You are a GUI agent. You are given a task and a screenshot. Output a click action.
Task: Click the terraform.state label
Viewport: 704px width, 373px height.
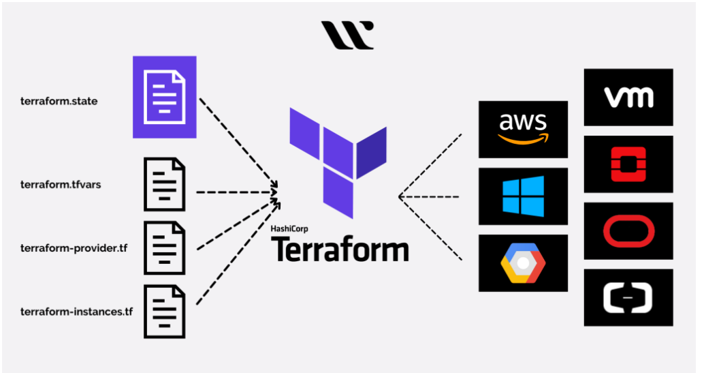coord(59,102)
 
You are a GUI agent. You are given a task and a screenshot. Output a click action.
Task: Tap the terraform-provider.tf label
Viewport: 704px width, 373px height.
coord(74,247)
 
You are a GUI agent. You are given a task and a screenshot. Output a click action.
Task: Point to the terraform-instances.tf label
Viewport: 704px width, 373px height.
coord(76,312)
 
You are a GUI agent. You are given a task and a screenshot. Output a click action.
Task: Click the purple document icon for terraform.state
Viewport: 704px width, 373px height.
coord(164,98)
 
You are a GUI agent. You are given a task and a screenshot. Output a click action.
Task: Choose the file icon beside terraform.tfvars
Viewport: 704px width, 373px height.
coord(164,184)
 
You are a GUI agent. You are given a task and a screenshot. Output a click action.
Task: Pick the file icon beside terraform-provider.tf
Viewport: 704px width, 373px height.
coord(164,248)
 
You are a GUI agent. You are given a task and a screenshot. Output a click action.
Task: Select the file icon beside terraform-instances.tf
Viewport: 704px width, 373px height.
coord(164,312)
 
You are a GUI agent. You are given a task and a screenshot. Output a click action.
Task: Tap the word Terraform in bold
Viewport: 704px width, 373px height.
coord(340,250)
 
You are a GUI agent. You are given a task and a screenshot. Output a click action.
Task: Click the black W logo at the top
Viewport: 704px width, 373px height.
coord(347,35)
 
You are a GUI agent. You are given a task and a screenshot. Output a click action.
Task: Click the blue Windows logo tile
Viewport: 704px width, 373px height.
coord(523,196)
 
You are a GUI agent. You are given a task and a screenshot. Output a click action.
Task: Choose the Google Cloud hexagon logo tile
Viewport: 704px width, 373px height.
coord(523,263)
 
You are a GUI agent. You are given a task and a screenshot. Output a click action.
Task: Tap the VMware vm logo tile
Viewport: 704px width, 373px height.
coord(628,98)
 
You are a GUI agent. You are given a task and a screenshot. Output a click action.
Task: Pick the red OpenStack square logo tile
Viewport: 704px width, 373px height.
coord(628,164)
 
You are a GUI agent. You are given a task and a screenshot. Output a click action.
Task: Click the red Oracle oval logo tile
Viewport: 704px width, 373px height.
coord(628,230)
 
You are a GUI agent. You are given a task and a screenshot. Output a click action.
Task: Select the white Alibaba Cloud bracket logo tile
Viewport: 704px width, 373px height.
coord(628,297)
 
